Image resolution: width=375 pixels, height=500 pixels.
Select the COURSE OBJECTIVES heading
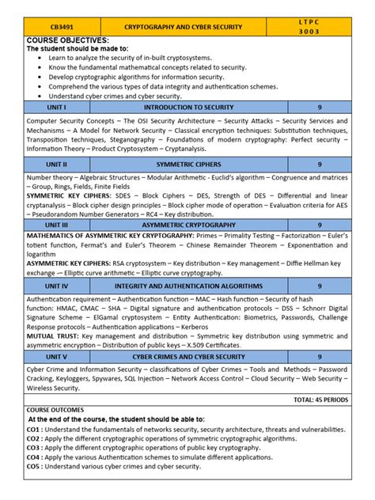[x=67, y=40]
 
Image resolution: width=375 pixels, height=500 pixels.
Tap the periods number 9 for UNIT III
[x=320, y=225]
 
